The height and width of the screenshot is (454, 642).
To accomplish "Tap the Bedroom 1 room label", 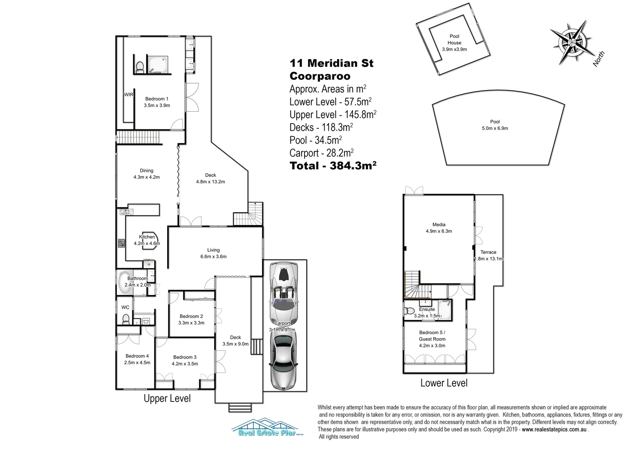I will [x=157, y=99].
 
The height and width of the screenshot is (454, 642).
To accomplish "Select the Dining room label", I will [x=146, y=171].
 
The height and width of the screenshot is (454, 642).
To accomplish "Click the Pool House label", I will [x=454, y=40].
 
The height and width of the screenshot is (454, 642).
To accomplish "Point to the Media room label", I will [x=439, y=225].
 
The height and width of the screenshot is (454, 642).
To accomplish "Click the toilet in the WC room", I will [x=125, y=319].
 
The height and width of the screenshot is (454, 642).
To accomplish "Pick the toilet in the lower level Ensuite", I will [x=408, y=311].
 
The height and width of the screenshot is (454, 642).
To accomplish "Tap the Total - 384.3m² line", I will [x=333, y=166].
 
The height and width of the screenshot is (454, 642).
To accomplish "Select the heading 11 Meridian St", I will [x=331, y=63].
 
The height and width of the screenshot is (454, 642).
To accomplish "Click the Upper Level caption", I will [x=167, y=399].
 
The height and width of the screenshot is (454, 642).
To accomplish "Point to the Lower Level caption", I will [x=444, y=383].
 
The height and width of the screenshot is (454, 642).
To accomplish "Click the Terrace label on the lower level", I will [x=488, y=252].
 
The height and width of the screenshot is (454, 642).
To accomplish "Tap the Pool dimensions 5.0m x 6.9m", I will [x=495, y=128].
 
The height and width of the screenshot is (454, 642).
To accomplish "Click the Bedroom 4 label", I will [x=137, y=356].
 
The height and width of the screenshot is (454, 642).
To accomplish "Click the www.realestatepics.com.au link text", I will [x=554, y=430].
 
